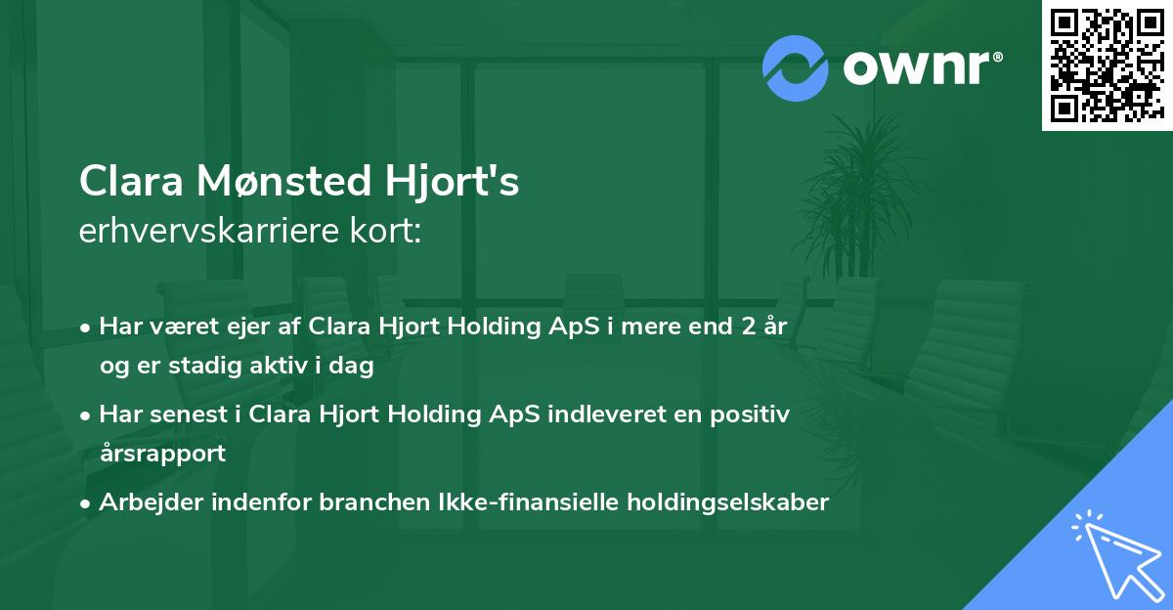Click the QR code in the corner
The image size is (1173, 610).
click(x=1107, y=65)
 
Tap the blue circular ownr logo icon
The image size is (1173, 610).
click(x=795, y=67)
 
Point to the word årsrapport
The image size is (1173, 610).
click(x=162, y=454)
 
